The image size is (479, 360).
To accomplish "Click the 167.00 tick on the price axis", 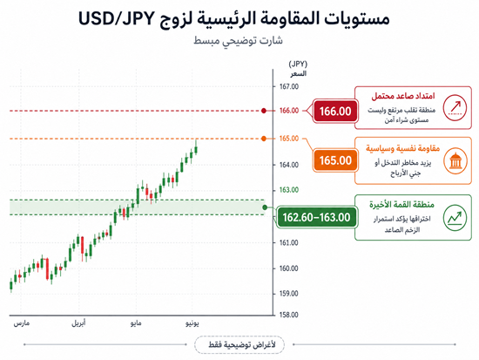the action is tap(289, 86).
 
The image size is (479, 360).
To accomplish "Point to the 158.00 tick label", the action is tap(288, 315).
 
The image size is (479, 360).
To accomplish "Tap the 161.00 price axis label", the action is tap(289, 243).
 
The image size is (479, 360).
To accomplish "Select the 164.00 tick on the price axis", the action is tap(289, 165).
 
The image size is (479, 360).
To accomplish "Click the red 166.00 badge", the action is tap(335, 111).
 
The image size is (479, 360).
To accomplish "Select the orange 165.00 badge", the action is tap(335, 160).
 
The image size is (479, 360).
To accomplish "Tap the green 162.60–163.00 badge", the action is tap(316, 217).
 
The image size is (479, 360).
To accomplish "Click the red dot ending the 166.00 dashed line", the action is tap(264, 111).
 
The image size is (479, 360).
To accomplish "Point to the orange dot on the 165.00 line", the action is tap(264, 139).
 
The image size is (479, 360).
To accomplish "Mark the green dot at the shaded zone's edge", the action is tap(265, 207).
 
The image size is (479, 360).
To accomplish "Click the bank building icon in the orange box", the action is tap(455, 161).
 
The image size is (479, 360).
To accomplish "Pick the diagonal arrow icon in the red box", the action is tap(455, 108).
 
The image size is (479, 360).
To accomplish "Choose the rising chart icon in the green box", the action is tap(455, 217).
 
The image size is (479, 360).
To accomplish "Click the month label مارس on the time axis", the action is tap(22, 323).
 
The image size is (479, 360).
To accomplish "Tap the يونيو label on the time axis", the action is tap(192, 323).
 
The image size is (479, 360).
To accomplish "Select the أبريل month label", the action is tap(78, 323).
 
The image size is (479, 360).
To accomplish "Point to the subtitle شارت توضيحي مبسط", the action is tap(238, 41).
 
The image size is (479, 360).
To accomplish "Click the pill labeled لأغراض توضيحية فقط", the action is tap(239, 344).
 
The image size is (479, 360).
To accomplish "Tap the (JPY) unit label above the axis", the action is tap(298, 64).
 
